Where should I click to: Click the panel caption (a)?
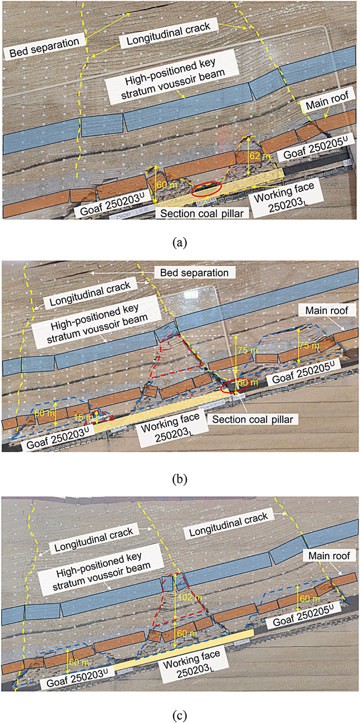pos(180,242)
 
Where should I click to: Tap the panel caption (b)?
pos(180,479)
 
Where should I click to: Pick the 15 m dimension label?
pos(93,417)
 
